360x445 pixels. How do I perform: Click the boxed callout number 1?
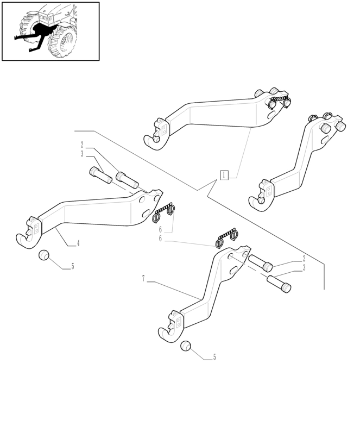224,175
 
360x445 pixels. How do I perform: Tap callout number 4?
78,243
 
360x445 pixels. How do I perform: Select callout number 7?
143,279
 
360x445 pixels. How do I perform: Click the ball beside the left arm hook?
43,255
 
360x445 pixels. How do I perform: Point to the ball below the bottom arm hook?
186,346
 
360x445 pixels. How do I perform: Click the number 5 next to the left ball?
73,266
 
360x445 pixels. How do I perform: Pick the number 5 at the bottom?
214,357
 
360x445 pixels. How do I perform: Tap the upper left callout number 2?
82,145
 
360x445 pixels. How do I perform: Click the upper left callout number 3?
82,154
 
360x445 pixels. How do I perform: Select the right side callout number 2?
304,258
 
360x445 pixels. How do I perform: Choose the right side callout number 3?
304,268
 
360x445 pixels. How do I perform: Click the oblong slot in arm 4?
147,214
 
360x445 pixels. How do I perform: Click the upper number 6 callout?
160,229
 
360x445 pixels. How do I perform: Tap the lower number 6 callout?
160,239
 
